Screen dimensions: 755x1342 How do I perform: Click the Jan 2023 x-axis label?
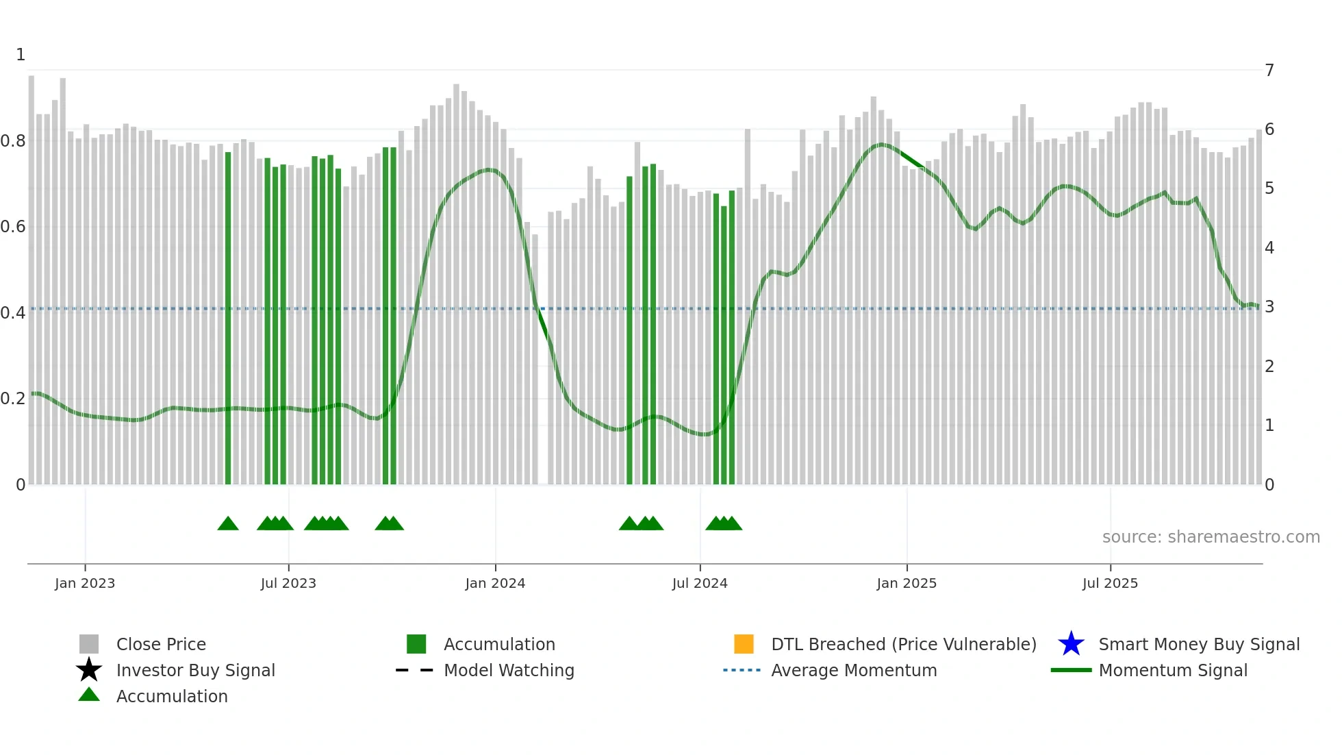(85, 583)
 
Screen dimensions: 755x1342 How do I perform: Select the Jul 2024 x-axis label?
(700, 583)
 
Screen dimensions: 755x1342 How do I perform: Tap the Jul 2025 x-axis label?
(1110, 583)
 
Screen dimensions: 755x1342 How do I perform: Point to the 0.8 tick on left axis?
(13, 141)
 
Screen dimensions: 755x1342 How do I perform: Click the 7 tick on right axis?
(1269, 70)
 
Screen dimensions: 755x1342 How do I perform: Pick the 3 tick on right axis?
(1269, 307)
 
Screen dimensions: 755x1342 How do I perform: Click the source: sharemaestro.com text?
(1211, 536)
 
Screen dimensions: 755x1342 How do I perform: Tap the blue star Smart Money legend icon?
(1071, 644)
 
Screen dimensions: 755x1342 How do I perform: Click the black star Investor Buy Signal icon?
(89, 670)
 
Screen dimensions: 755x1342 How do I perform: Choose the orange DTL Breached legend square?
(744, 644)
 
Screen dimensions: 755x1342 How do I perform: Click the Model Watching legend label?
(509, 670)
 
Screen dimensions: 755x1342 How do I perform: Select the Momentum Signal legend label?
(1172, 670)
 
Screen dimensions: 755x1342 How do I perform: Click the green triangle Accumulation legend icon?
(89, 695)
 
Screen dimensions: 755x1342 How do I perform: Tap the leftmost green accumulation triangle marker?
(228, 524)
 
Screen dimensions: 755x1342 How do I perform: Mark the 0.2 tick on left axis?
(13, 399)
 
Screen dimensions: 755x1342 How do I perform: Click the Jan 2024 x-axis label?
(495, 583)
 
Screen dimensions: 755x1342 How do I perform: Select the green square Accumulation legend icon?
(416, 644)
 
